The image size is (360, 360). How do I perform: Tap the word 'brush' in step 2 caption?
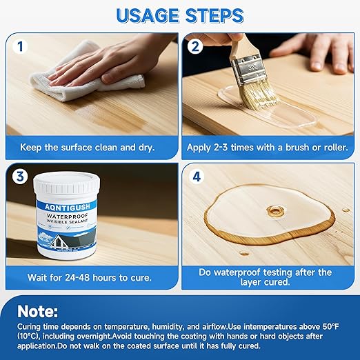292,147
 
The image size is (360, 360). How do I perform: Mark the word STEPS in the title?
213,14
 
